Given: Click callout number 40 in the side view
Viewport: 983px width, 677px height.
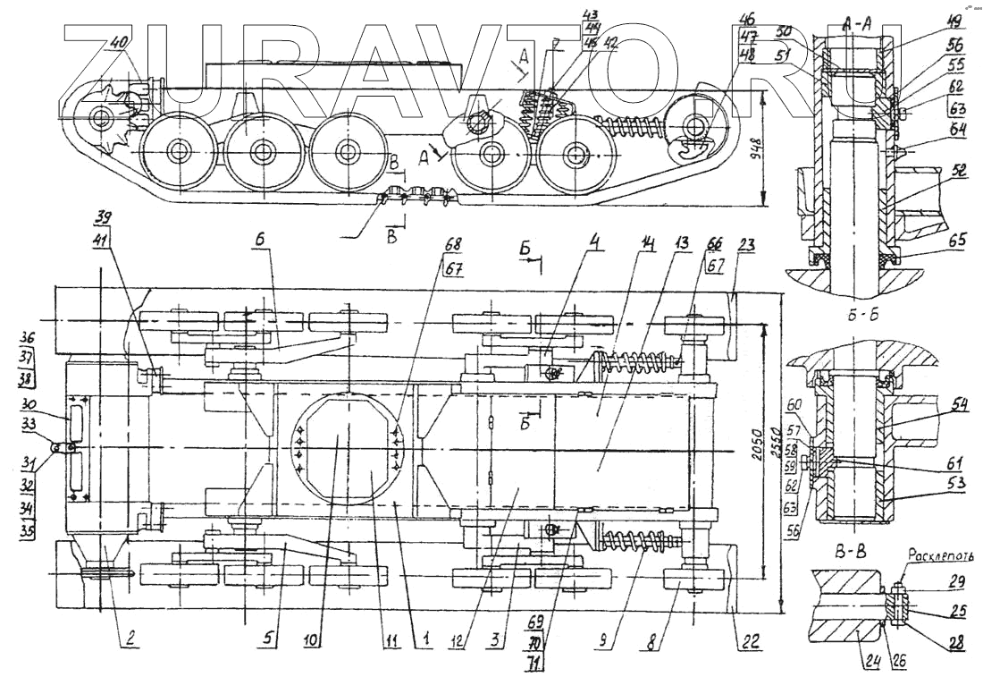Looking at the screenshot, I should [x=120, y=41].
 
